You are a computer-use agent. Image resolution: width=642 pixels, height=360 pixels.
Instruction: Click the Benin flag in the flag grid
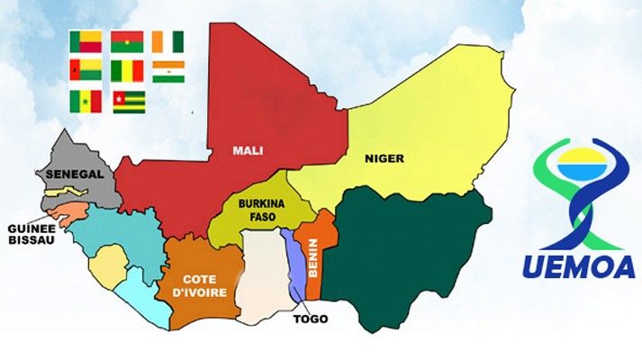click(86, 41)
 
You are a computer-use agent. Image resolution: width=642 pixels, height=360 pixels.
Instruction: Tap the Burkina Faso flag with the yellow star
click(128, 41)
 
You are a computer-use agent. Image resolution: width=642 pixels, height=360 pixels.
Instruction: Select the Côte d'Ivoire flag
click(167, 41)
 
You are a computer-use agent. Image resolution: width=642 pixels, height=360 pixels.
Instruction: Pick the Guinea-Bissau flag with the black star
click(86, 71)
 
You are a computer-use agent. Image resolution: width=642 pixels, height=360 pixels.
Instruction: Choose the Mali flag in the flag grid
click(128, 71)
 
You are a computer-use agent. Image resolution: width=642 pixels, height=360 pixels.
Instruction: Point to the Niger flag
click(167, 71)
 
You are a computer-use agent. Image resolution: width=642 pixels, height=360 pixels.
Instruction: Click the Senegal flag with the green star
click(86, 101)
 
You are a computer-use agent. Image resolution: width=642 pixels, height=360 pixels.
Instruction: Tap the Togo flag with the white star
click(129, 101)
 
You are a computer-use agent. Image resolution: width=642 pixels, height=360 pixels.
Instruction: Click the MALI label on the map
click(247, 150)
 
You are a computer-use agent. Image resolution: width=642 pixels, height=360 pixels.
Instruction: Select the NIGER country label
click(384, 158)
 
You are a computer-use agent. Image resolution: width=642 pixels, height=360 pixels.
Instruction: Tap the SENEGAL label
click(77, 174)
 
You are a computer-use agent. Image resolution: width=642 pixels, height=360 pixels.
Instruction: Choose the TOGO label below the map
click(311, 319)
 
